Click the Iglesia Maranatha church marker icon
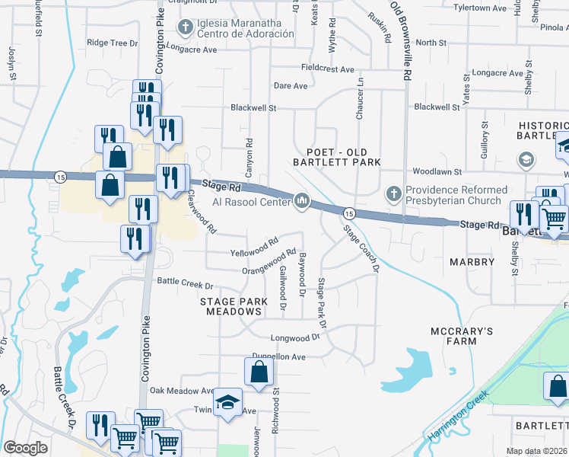pyautogui.click(x=185, y=28)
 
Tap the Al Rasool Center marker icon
pyautogui.click(x=302, y=201)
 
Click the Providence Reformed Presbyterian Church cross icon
pyautogui.click(x=393, y=194)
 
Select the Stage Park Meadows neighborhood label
pyautogui.click(x=234, y=306)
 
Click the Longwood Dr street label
pyautogui.click(x=295, y=337)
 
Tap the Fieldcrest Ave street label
pyautogui.click(x=327, y=69)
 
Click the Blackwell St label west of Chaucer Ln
pyautogui.click(x=253, y=108)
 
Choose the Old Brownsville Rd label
pyautogui.click(x=400, y=42)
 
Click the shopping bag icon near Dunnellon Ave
pyautogui.click(x=259, y=373)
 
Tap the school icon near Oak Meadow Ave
pyautogui.click(x=227, y=404)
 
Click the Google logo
pyautogui.click(x=26, y=448)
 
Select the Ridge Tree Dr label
pyautogui.click(x=113, y=43)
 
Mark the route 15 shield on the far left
pyautogui.click(x=59, y=177)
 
